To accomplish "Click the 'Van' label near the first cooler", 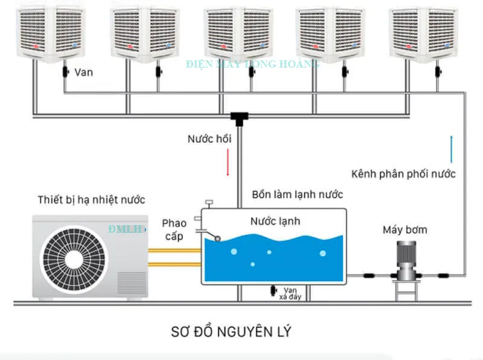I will [x=83, y=72].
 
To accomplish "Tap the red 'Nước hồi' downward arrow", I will [x=228, y=162].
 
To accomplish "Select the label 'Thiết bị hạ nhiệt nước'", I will [x=91, y=199].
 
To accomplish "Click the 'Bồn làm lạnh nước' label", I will [x=298, y=194].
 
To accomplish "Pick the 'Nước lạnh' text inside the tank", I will [x=275, y=221].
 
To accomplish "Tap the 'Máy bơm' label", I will [x=405, y=230].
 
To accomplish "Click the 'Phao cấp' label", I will [x=174, y=230].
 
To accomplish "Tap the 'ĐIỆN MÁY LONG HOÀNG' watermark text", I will [x=253, y=64].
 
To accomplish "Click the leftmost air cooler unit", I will [x=47, y=33].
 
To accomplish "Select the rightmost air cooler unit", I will [x=421, y=33].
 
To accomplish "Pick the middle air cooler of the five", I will [x=234, y=33].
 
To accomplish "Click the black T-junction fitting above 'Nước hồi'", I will [x=240, y=117].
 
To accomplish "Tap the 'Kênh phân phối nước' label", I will [x=403, y=174].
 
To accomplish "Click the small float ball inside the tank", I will [x=217, y=237].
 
